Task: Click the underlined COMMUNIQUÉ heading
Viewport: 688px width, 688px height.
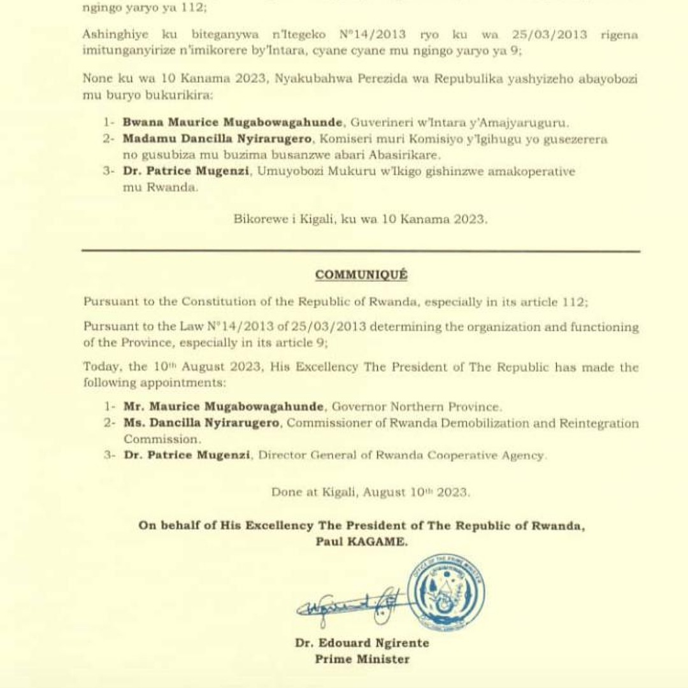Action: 361,275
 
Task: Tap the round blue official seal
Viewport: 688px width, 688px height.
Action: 446,592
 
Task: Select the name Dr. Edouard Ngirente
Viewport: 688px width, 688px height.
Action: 362,643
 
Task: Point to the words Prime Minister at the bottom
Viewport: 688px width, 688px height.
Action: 362,659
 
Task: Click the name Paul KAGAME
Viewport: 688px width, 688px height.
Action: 361,541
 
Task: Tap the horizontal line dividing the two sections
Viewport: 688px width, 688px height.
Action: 361,251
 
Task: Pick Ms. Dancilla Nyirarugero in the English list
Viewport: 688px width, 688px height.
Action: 201,423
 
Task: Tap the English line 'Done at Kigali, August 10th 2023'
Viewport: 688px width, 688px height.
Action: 370,492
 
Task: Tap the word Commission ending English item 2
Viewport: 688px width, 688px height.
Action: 162,439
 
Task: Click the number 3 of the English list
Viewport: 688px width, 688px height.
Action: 108,455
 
